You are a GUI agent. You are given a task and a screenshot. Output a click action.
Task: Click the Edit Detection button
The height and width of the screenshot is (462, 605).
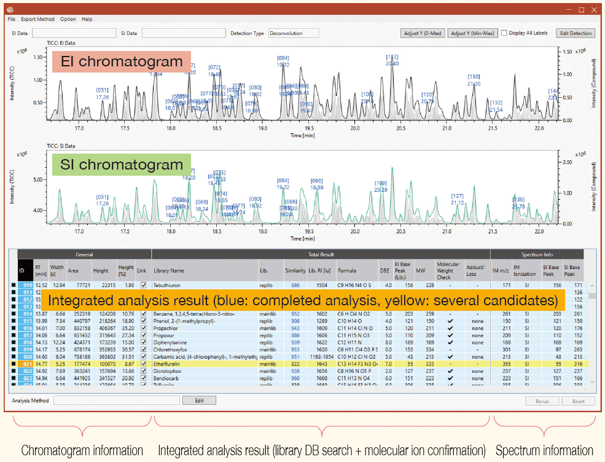point(575,33)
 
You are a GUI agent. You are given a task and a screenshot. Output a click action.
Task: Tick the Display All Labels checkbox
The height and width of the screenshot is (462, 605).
point(504,33)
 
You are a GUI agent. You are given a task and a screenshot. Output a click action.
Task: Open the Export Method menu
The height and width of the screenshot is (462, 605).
point(37,19)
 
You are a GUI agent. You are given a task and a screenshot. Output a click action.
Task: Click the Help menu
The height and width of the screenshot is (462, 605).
point(87,19)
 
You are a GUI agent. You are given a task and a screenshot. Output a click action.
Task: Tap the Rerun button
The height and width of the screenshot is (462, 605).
point(542,401)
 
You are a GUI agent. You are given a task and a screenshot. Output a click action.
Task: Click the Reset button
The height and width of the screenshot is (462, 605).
point(578,401)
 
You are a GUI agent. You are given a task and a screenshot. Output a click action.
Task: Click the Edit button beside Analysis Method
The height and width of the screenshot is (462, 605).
point(199,401)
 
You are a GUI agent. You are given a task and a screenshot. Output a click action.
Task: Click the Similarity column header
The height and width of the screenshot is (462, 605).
point(295,270)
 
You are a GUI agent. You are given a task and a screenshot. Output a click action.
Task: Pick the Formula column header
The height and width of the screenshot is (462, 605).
point(347,270)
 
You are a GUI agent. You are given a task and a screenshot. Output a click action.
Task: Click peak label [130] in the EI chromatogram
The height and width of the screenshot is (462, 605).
point(474,77)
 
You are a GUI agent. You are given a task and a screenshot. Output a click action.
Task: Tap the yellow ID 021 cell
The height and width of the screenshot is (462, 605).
point(26,364)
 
